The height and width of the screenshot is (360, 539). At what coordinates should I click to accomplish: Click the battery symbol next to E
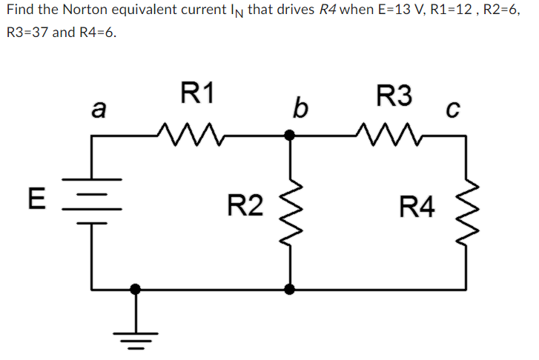click(92, 199)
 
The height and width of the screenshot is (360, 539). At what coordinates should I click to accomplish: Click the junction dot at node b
click(290, 136)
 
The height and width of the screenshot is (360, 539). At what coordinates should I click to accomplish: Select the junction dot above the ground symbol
click(135, 288)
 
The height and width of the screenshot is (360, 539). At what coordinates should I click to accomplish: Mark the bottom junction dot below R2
click(290, 288)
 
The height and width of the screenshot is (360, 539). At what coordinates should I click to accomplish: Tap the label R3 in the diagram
click(394, 95)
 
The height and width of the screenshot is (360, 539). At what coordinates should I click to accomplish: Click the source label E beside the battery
click(33, 199)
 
